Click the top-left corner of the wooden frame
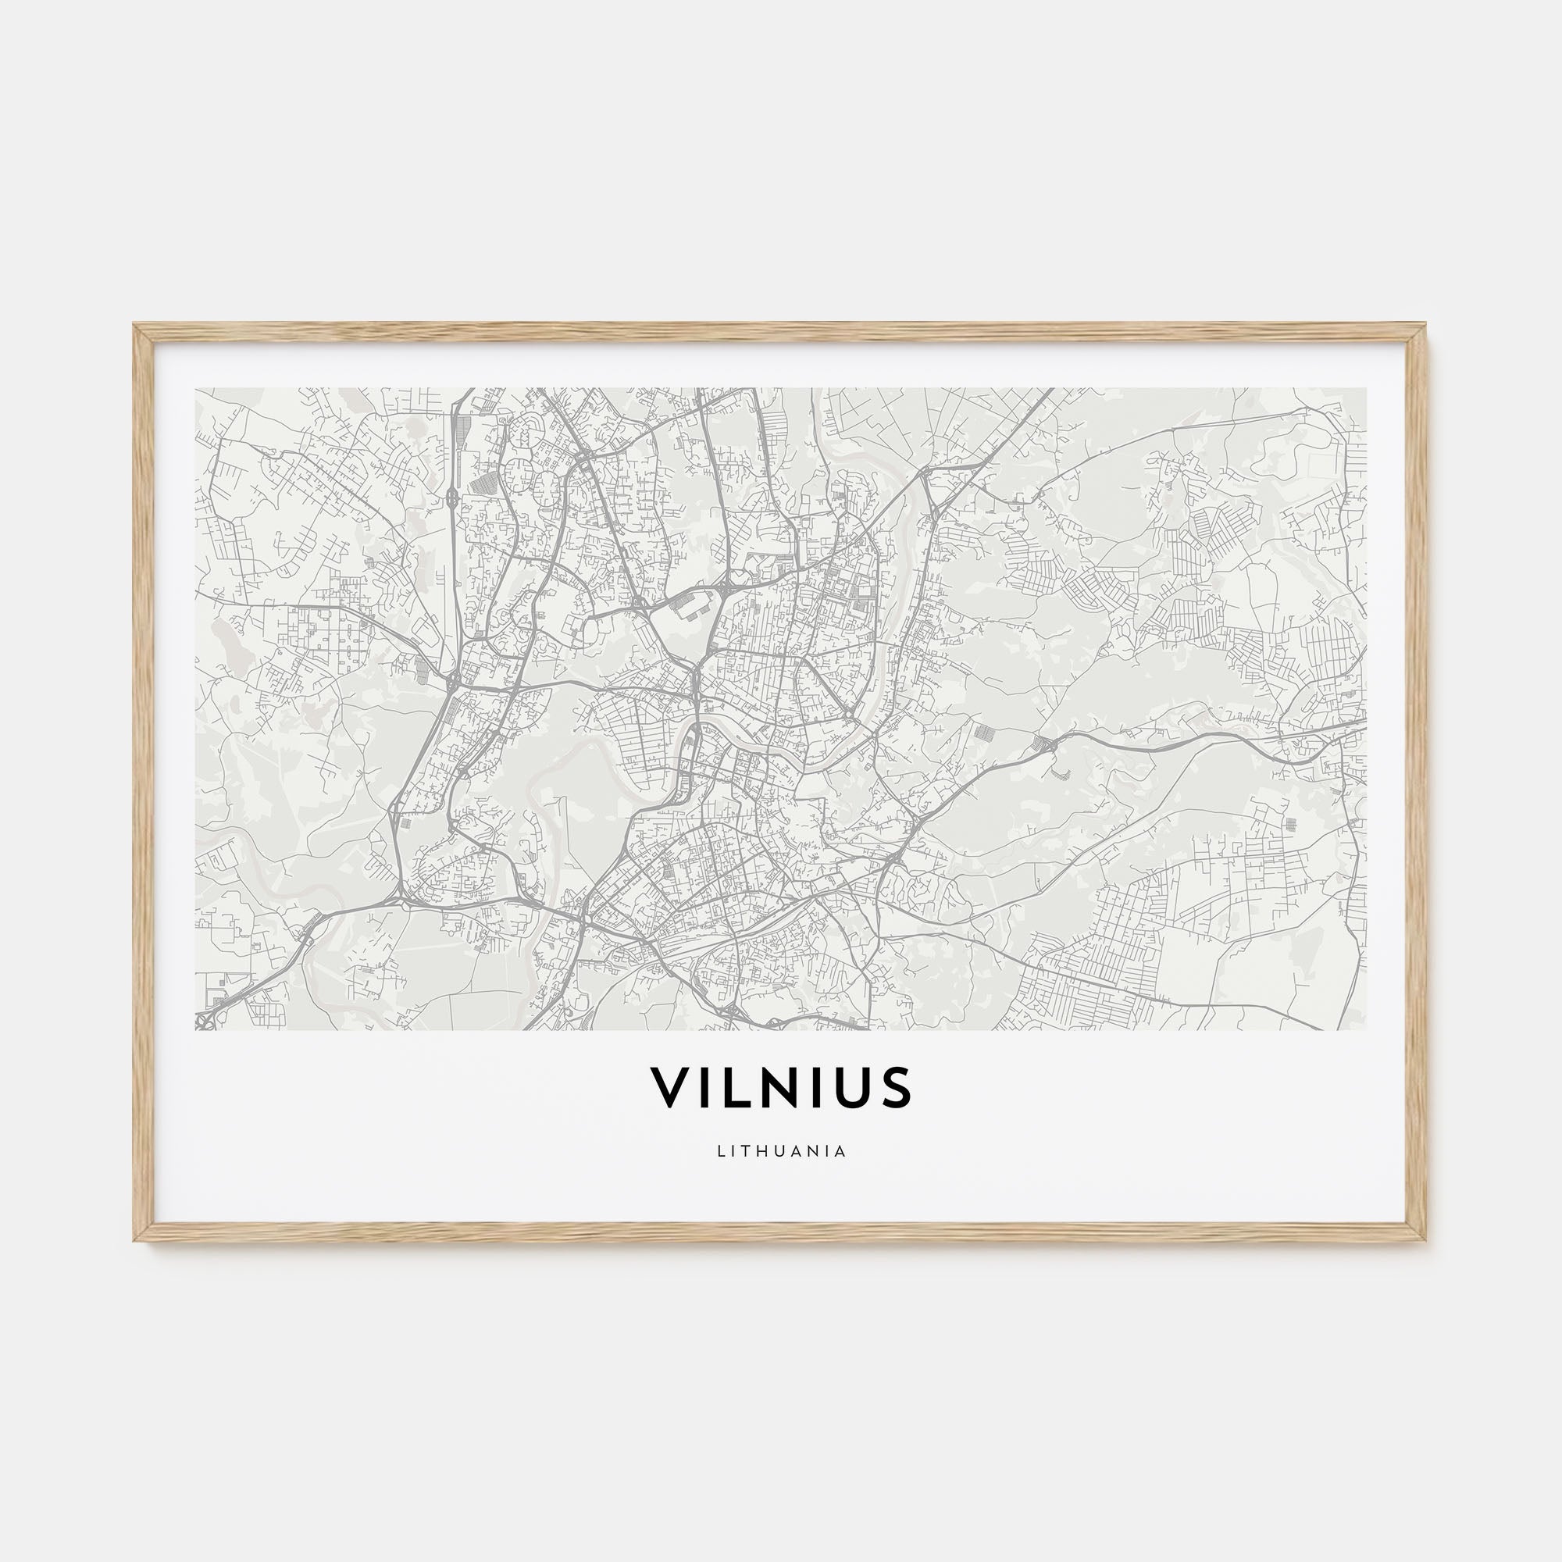[x=135, y=325]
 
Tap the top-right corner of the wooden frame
[x=1427, y=325]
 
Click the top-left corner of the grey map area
[x=197, y=389]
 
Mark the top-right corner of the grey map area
[x=1366, y=389]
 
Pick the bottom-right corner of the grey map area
[x=1366, y=1029]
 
